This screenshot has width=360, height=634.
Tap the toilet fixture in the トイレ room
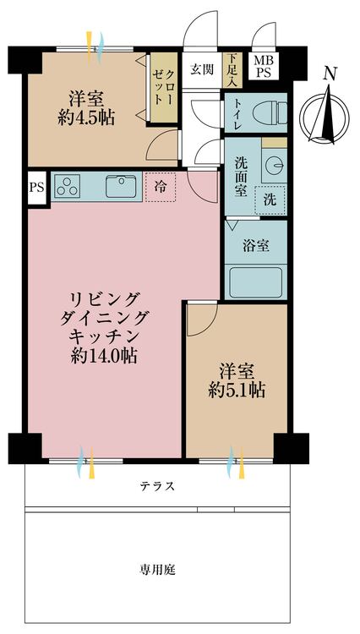[x=269, y=112]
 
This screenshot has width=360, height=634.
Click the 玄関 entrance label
[x=200, y=69]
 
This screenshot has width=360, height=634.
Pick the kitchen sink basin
[x=123, y=185]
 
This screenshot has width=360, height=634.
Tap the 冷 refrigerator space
[x=160, y=188]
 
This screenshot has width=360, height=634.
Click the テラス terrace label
[x=158, y=486]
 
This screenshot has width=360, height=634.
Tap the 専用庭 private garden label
[x=158, y=570]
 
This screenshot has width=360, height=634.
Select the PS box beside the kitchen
[x=36, y=186]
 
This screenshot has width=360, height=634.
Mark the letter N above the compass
[x=331, y=74]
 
